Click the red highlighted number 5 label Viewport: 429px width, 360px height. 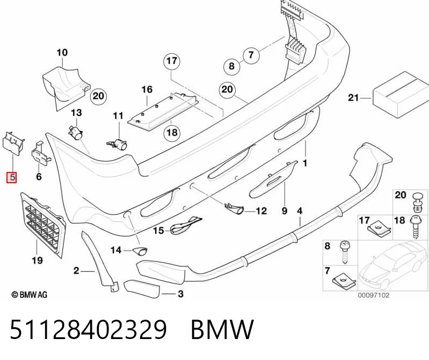12,177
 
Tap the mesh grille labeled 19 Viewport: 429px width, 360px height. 43,225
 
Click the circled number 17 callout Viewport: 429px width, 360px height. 172,61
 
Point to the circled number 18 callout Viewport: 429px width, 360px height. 172,133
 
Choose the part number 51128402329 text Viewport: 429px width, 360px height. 89,329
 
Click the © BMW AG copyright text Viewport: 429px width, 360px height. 30,294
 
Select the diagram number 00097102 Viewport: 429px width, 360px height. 373,295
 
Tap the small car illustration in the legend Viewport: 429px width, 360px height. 393,265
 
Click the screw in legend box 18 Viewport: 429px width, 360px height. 416,227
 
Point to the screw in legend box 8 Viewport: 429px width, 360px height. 344,252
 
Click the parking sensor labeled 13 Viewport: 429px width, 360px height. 76,132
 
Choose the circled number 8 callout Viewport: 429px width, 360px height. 232,66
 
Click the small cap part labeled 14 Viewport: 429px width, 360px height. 140,250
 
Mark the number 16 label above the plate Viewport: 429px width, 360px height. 147,90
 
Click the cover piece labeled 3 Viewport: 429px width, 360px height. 142,289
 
